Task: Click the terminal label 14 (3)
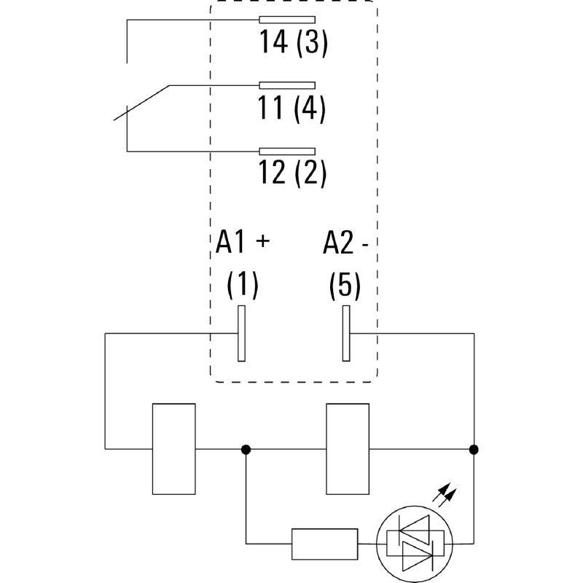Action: pyautogui.click(x=294, y=44)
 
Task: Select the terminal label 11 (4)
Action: pyautogui.click(x=291, y=109)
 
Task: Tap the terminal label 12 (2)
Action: pyautogui.click(x=292, y=173)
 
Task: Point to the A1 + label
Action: pyautogui.click(x=243, y=243)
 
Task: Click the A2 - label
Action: pyautogui.click(x=345, y=243)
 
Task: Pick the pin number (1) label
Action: pyautogui.click(x=242, y=285)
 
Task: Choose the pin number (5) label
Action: pyautogui.click(x=345, y=285)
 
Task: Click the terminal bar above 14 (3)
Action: pyautogui.click(x=287, y=20)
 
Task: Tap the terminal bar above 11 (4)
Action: pyautogui.click(x=287, y=85)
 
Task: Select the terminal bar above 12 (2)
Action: pyautogui.click(x=287, y=151)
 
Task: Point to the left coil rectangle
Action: pyautogui.click(x=173, y=448)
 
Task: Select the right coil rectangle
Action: pyautogui.click(x=348, y=448)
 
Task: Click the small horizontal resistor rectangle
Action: pyautogui.click(x=324, y=543)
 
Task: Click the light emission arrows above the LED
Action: pyautogui.click(x=445, y=498)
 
